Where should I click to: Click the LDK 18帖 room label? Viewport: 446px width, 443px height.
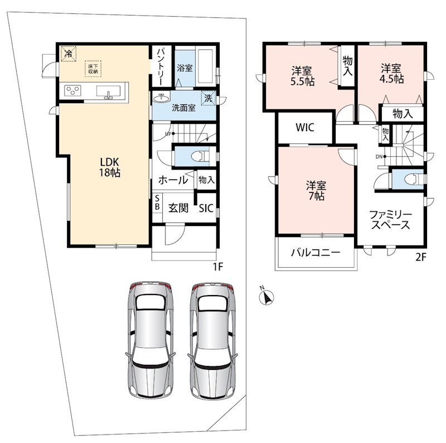pyautogui.click(x=109, y=167)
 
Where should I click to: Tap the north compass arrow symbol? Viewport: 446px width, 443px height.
pyautogui.click(x=267, y=297)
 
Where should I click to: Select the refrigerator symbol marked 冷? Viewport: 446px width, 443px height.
pyautogui.click(x=69, y=53)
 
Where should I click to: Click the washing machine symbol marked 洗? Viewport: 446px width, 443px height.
pyautogui.click(x=209, y=98)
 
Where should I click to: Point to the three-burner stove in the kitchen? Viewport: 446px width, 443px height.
pyautogui.click(x=73, y=91)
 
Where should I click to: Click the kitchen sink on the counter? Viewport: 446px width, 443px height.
pyautogui.click(x=108, y=92)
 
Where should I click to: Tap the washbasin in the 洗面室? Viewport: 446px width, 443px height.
pyautogui.click(x=162, y=98)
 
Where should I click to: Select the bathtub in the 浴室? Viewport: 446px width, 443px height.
pyautogui.click(x=205, y=66)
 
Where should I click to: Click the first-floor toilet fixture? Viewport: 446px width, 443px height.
pyautogui.click(x=201, y=156)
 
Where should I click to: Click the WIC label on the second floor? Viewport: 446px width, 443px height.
pyautogui.click(x=305, y=127)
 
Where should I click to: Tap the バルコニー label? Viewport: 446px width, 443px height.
pyautogui.click(x=316, y=252)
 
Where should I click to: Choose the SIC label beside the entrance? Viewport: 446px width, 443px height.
pyautogui.click(x=206, y=208)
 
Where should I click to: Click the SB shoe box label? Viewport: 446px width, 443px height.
pyautogui.click(x=157, y=202)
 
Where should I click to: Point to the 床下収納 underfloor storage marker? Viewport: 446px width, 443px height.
pyautogui.click(x=93, y=69)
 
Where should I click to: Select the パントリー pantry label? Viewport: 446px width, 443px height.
pyautogui.click(x=161, y=66)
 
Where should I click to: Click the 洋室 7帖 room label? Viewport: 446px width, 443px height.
pyautogui.click(x=316, y=190)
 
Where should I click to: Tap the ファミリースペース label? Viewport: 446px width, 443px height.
pyautogui.click(x=391, y=220)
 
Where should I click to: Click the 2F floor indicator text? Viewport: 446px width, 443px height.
pyautogui.click(x=421, y=257)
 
